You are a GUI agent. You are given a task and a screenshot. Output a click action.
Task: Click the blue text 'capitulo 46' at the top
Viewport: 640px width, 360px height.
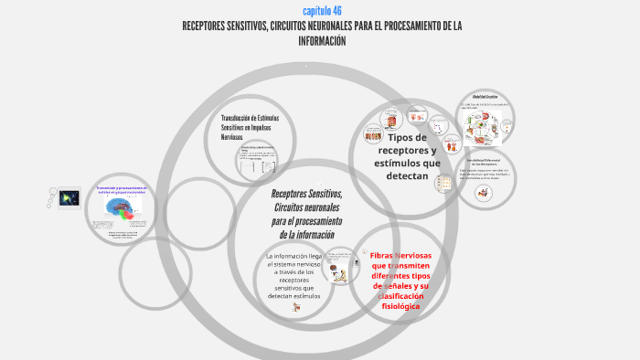pyautogui.click(x=322, y=10)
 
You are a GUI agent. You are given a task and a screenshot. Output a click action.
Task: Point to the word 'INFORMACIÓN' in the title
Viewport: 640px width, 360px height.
pyautogui.click(x=322, y=41)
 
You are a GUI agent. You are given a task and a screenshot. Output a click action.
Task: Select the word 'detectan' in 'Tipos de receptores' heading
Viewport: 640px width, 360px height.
pyautogui.click(x=407, y=175)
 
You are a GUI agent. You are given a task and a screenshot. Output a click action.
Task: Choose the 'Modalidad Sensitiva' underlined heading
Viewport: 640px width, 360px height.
pyautogui.click(x=484, y=96)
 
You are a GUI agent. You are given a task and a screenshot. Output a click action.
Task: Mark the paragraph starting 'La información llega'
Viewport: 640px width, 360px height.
pyautogui.click(x=294, y=276)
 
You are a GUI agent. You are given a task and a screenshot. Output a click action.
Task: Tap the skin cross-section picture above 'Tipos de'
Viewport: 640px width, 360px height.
pyautogui.click(x=392, y=119)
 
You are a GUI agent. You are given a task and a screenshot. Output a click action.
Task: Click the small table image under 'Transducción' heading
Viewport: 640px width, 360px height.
pyautogui.click(x=258, y=162)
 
